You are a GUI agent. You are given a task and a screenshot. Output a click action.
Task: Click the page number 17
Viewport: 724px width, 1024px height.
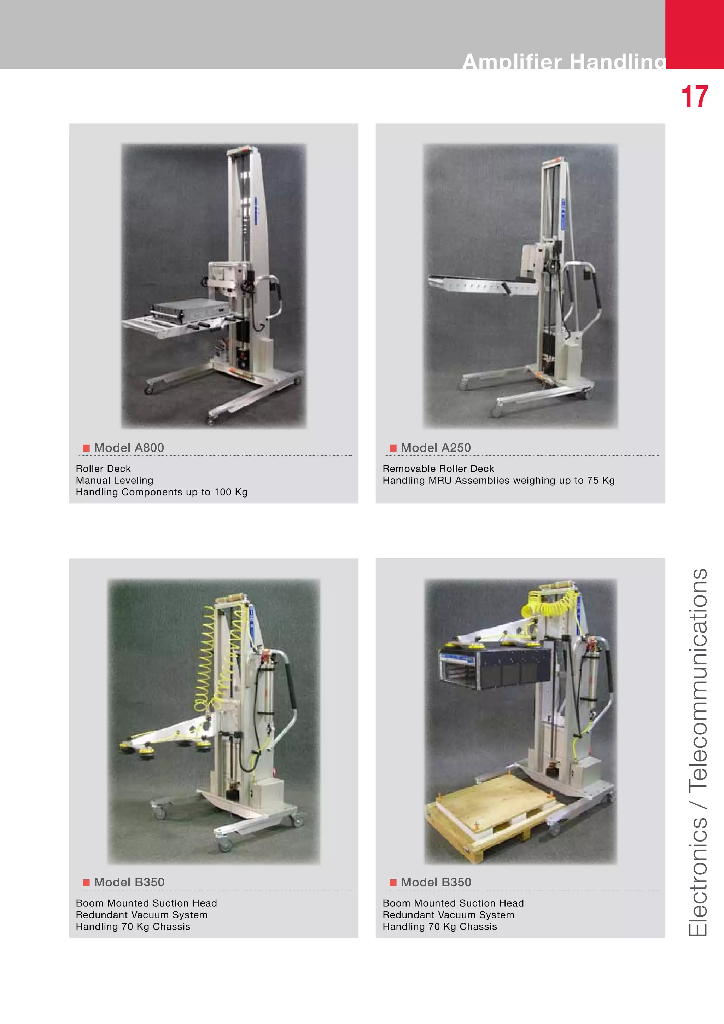[x=694, y=97]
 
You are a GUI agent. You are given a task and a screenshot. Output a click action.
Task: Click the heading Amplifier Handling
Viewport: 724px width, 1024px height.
[x=564, y=62]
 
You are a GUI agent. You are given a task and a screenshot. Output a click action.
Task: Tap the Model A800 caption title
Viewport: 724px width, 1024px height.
[x=129, y=448]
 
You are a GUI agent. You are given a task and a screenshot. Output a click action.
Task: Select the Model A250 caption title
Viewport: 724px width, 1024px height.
[x=436, y=448]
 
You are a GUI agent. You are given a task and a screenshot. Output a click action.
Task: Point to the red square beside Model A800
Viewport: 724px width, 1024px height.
[x=86, y=448]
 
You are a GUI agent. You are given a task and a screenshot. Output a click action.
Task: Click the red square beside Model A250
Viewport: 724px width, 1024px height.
[x=393, y=448]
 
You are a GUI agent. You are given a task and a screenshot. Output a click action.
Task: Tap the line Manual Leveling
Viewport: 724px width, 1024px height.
[x=115, y=480]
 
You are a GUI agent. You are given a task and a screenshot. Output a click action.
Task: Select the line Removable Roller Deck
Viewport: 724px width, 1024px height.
[x=438, y=469]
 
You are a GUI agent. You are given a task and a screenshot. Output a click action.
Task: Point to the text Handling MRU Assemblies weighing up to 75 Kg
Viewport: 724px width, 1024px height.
[x=498, y=480]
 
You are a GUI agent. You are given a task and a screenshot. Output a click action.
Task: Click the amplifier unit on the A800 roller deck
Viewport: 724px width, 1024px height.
[x=189, y=309]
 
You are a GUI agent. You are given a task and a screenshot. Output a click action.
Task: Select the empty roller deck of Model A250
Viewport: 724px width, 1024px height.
[x=473, y=285]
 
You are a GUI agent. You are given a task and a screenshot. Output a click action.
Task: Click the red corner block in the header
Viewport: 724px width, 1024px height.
[x=694, y=34]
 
